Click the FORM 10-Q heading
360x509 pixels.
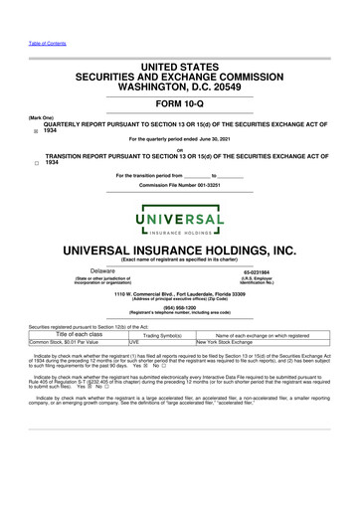(x=179, y=102)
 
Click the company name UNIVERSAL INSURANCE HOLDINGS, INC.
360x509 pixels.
(x=179, y=248)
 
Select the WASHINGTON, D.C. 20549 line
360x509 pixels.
(x=179, y=86)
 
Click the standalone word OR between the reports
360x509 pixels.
(x=179, y=150)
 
